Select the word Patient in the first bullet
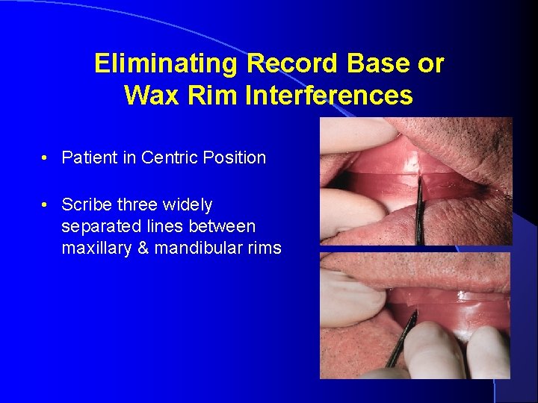[87, 157]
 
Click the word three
[137, 204]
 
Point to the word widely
[190, 204]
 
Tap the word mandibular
[193, 248]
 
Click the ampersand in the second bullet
[143, 248]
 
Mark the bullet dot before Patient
[46, 158]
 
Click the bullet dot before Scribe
[46, 205]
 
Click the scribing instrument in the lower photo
[401, 340]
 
